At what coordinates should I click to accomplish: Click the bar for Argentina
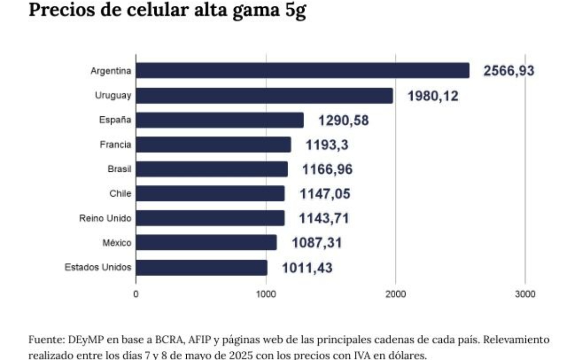(x=302, y=71)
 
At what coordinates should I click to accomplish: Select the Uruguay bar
(x=264, y=96)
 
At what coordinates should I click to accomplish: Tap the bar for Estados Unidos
(x=201, y=267)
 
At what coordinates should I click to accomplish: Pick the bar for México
(x=206, y=243)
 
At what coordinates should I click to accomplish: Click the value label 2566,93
(x=509, y=71)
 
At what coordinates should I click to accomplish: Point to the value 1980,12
(x=433, y=96)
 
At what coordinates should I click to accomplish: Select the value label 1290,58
(x=343, y=120)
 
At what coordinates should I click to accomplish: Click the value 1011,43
(x=307, y=267)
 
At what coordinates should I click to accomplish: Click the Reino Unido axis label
(x=105, y=218)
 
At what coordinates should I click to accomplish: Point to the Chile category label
(x=120, y=194)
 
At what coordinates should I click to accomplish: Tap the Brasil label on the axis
(x=119, y=169)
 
